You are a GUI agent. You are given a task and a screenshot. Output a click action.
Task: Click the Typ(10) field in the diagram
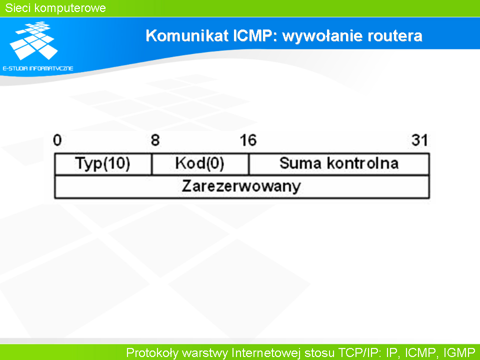103,164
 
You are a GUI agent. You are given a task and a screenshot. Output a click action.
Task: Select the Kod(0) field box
200,164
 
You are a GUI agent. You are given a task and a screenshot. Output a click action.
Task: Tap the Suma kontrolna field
339,164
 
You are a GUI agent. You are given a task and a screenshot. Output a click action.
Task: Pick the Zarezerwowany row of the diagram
242,186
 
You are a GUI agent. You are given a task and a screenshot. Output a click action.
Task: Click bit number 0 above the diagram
57,140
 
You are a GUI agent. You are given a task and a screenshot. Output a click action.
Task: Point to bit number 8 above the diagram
155,140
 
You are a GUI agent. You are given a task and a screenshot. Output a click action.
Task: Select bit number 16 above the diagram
248,140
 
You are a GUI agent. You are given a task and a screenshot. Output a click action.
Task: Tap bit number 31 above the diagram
419,140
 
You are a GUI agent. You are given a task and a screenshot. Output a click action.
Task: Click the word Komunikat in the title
187,35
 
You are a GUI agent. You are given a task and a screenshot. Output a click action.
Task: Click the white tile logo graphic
33,40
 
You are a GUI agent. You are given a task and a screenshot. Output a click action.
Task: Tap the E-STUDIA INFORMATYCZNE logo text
38,68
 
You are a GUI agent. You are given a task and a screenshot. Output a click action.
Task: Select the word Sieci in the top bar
18,8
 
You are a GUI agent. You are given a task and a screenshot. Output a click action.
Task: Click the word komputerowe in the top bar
70,8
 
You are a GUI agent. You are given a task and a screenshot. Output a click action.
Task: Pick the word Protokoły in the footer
152,352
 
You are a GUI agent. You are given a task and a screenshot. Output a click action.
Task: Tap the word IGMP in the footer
459,352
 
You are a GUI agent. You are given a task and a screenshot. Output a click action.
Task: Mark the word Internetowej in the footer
266,352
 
